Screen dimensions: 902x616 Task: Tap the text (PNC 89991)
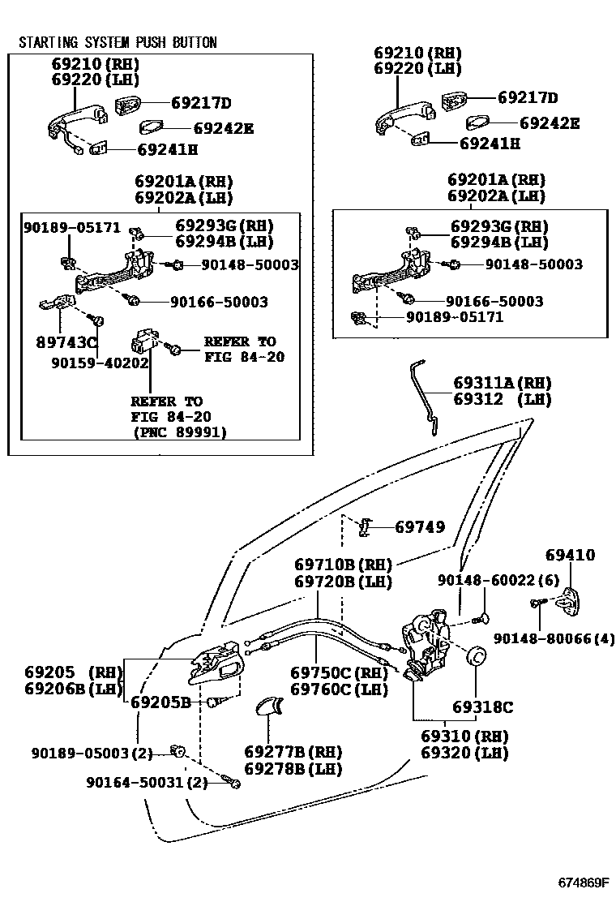click(x=179, y=432)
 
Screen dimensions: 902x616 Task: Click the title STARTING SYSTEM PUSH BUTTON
click(x=118, y=42)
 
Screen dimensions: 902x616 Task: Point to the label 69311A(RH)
click(x=503, y=382)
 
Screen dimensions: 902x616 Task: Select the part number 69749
click(x=420, y=526)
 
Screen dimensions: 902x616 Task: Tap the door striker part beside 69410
click(x=571, y=601)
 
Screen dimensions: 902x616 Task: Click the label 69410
click(x=570, y=556)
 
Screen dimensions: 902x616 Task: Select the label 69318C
click(x=482, y=707)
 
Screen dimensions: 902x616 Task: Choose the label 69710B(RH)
click(x=343, y=564)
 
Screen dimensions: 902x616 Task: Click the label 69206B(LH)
click(x=72, y=689)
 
